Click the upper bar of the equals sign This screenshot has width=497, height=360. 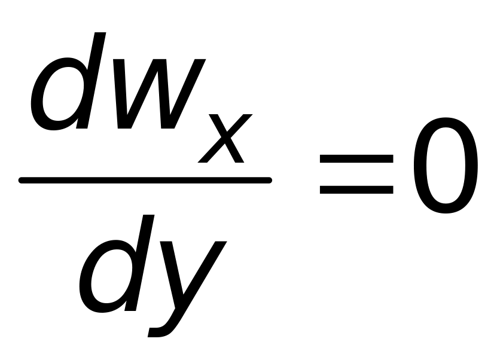pyautogui.click(x=356, y=158)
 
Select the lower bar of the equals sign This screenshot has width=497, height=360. pyautogui.click(x=356, y=190)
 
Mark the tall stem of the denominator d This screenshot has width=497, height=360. pyautogui.click(x=141, y=263)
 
